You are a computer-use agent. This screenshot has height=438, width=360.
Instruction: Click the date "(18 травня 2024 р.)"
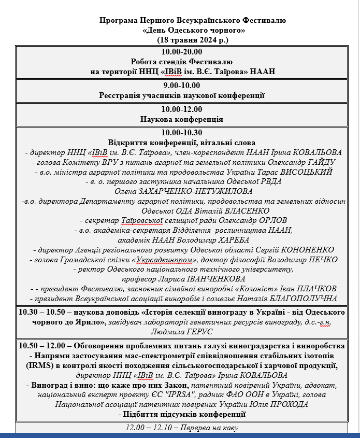point(192,39)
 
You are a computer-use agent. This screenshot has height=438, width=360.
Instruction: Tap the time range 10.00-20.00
point(181,51)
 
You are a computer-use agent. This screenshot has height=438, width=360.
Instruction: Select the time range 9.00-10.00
point(181,86)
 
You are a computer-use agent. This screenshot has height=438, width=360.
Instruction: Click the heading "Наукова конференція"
point(182,119)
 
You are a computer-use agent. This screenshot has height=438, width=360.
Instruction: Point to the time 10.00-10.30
point(181,133)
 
